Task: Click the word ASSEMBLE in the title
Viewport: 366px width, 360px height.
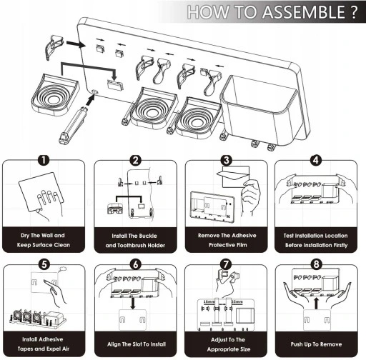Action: (x=304, y=12)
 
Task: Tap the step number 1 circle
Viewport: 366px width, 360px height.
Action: (x=44, y=160)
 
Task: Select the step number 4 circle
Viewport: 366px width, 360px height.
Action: (x=316, y=160)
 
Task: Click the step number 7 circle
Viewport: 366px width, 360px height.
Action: (x=226, y=264)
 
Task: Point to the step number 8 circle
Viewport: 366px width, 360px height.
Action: (x=317, y=264)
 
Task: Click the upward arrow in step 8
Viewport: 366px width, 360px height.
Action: (x=316, y=304)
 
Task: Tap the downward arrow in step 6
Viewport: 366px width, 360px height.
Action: (x=133, y=304)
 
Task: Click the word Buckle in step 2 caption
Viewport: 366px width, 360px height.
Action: (x=148, y=236)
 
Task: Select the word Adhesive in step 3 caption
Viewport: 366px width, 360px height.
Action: (x=244, y=236)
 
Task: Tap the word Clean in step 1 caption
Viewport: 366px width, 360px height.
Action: (x=62, y=245)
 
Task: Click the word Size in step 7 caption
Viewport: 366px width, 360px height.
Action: (x=245, y=349)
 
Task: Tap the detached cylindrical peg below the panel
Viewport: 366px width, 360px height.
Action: (x=73, y=126)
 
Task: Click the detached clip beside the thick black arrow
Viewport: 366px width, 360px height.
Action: (x=54, y=46)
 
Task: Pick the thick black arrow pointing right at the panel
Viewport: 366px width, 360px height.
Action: (x=76, y=44)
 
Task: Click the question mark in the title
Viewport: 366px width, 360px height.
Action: (x=354, y=12)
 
